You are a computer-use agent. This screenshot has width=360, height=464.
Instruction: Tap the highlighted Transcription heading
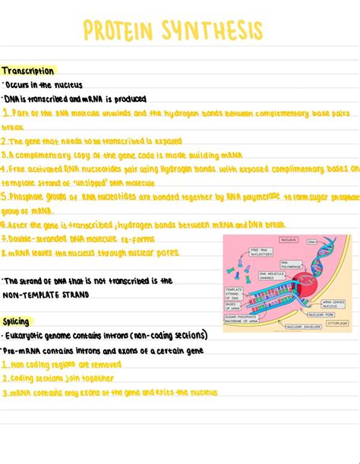point(27,71)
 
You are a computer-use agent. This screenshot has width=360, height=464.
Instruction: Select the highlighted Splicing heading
point(16,321)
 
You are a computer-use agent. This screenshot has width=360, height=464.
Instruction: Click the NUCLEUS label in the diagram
point(288,240)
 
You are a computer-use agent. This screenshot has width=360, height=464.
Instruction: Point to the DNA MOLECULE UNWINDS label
point(272,275)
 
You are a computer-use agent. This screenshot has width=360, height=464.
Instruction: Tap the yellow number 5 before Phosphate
point(4,197)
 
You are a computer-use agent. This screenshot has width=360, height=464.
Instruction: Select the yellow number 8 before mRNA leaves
point(4,252)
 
